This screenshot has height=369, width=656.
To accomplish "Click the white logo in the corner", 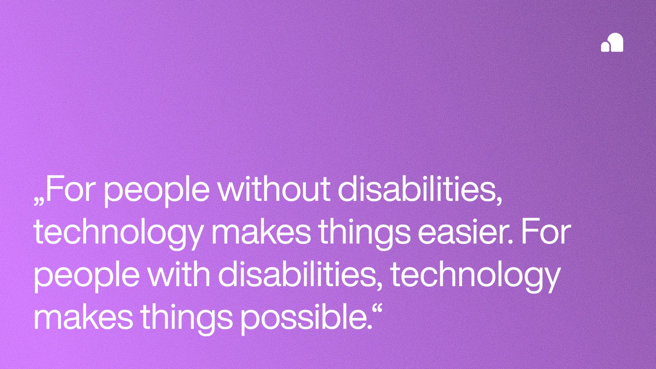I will [612, 43].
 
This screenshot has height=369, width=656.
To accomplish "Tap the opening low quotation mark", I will [39, 201].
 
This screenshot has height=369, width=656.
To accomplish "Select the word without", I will [273, 189].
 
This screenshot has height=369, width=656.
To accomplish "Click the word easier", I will [465, 232].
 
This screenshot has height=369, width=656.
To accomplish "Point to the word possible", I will [305, 318].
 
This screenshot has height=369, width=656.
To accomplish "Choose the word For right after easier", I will [546, 232].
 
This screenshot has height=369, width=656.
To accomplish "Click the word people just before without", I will [156, 191].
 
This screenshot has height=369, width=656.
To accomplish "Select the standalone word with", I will [178, 274].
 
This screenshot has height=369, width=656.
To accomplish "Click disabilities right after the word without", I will [419, 189].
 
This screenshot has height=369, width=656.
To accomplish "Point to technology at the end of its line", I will [475, 276].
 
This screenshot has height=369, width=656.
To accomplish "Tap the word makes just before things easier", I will [261, 232].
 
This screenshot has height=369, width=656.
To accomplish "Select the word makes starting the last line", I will [83, 317].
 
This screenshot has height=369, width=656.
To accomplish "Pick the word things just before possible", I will [187, 319].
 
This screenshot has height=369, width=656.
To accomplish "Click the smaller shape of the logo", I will [605, 46].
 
